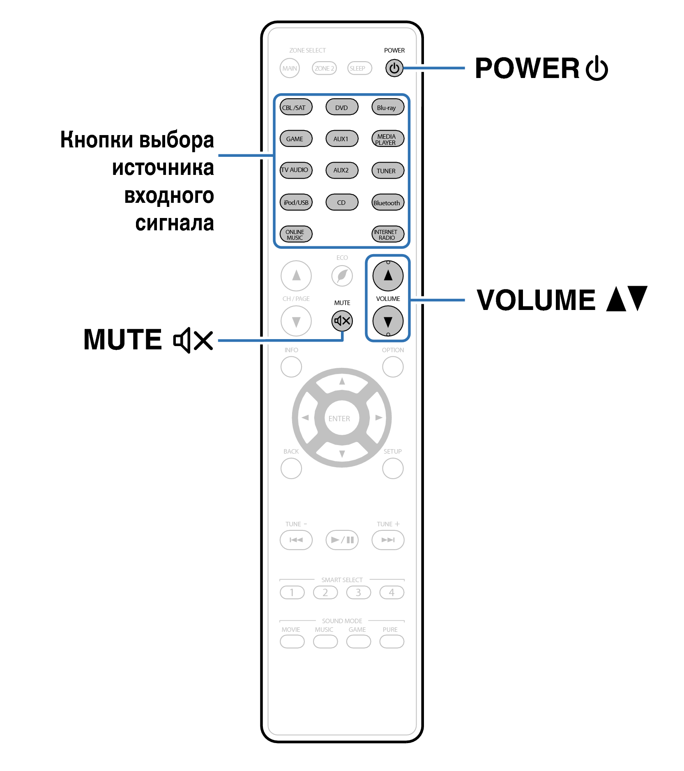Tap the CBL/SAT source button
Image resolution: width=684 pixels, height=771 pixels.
(296, 107)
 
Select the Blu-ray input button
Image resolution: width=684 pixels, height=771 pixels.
(388, 107)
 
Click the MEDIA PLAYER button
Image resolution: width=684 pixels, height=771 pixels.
(388, 139)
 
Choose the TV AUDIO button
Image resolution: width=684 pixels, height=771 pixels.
(296, 170)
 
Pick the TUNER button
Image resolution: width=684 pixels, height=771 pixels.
(388, 170)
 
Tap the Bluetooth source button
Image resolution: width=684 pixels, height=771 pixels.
(388, 202)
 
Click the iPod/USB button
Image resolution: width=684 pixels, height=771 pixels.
(296, 202)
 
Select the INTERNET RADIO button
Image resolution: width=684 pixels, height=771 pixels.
(388, 234)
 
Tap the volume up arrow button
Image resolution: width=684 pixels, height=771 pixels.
(388, 275)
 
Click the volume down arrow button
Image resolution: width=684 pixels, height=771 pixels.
(388, 321)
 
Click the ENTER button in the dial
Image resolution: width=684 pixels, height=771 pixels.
(342, 418)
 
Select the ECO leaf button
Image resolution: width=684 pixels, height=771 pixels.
(342, 275)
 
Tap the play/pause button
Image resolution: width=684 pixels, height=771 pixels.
(342, 540)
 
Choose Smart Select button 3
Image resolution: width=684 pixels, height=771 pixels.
(358, 592)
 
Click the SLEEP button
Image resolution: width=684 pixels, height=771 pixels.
(359, 68)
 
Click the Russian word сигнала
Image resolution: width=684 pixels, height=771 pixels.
(175, 223)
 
